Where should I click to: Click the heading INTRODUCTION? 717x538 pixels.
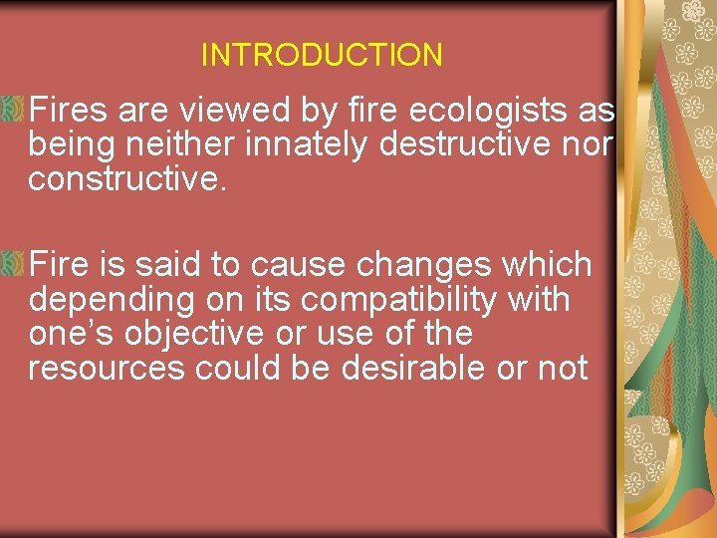pyautogui.click(x=322, y=55)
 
